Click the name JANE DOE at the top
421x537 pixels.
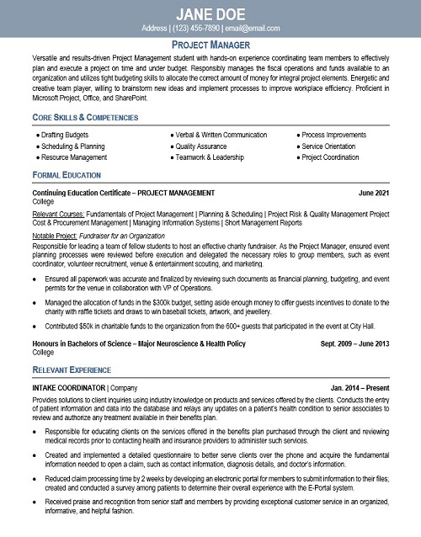(210, 13)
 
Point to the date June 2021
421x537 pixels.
(374, 194)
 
